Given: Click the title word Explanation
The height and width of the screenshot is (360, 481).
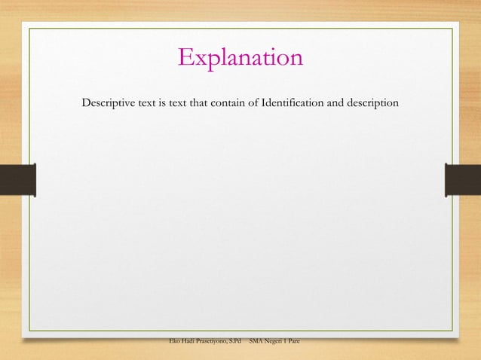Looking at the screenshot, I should [240, 57].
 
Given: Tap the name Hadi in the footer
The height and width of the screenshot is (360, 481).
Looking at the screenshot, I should [194, 343].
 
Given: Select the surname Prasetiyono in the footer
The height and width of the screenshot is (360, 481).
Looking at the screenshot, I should [218, 343].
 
